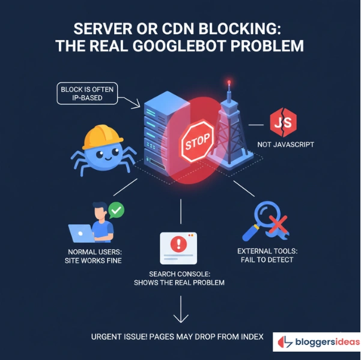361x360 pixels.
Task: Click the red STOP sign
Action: (197, 142)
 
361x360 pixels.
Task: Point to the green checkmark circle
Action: (117, 210)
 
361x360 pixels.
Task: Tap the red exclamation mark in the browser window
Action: (178, 244)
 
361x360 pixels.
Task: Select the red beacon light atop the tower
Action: (228, 83)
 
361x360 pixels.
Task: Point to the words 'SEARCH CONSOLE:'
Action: (179, 273)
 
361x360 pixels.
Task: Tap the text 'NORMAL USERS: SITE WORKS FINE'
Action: (93, 255)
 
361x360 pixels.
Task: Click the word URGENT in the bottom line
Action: (111, 337)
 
